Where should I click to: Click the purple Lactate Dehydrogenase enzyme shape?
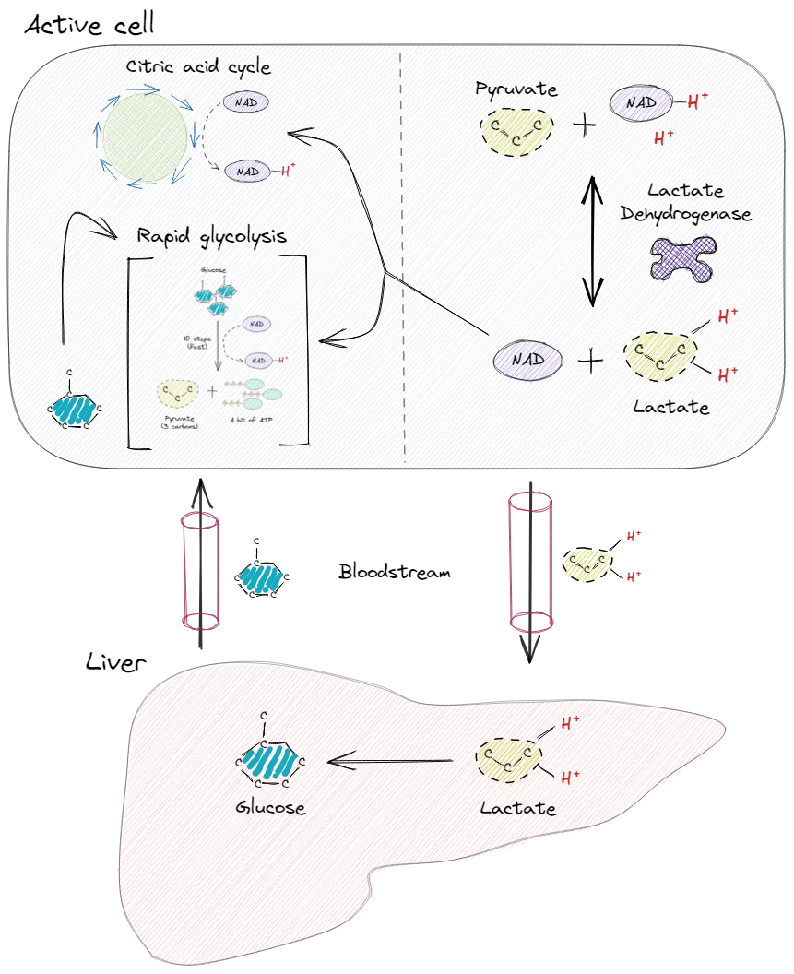[682, 257]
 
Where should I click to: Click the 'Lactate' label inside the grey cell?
[670, 407]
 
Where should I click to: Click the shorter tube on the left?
[200, 571]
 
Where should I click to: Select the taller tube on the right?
[529, 563]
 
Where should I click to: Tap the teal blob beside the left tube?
[261, 578]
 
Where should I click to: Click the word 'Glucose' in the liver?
[269, 807]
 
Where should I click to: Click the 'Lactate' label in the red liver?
[518, 809]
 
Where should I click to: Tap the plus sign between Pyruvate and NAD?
[584, 125]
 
